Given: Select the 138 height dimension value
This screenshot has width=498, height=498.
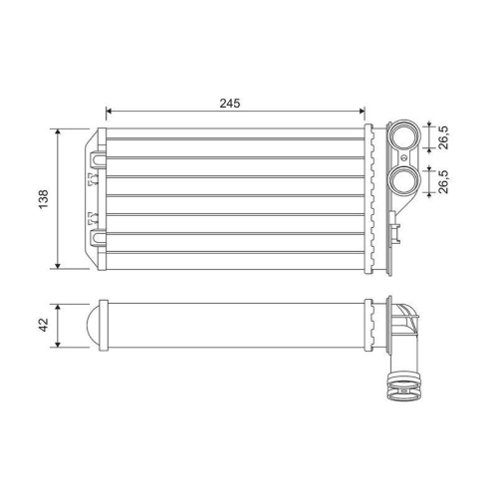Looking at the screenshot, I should (x=42, y=199).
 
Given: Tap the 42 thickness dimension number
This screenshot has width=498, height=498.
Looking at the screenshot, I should (x=42, y=326).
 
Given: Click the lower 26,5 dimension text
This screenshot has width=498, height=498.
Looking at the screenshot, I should (x=443, y=180).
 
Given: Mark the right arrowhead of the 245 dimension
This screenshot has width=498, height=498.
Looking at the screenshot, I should (x=363, y=113).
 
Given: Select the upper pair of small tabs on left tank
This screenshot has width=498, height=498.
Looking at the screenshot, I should (x=87, y=180).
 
